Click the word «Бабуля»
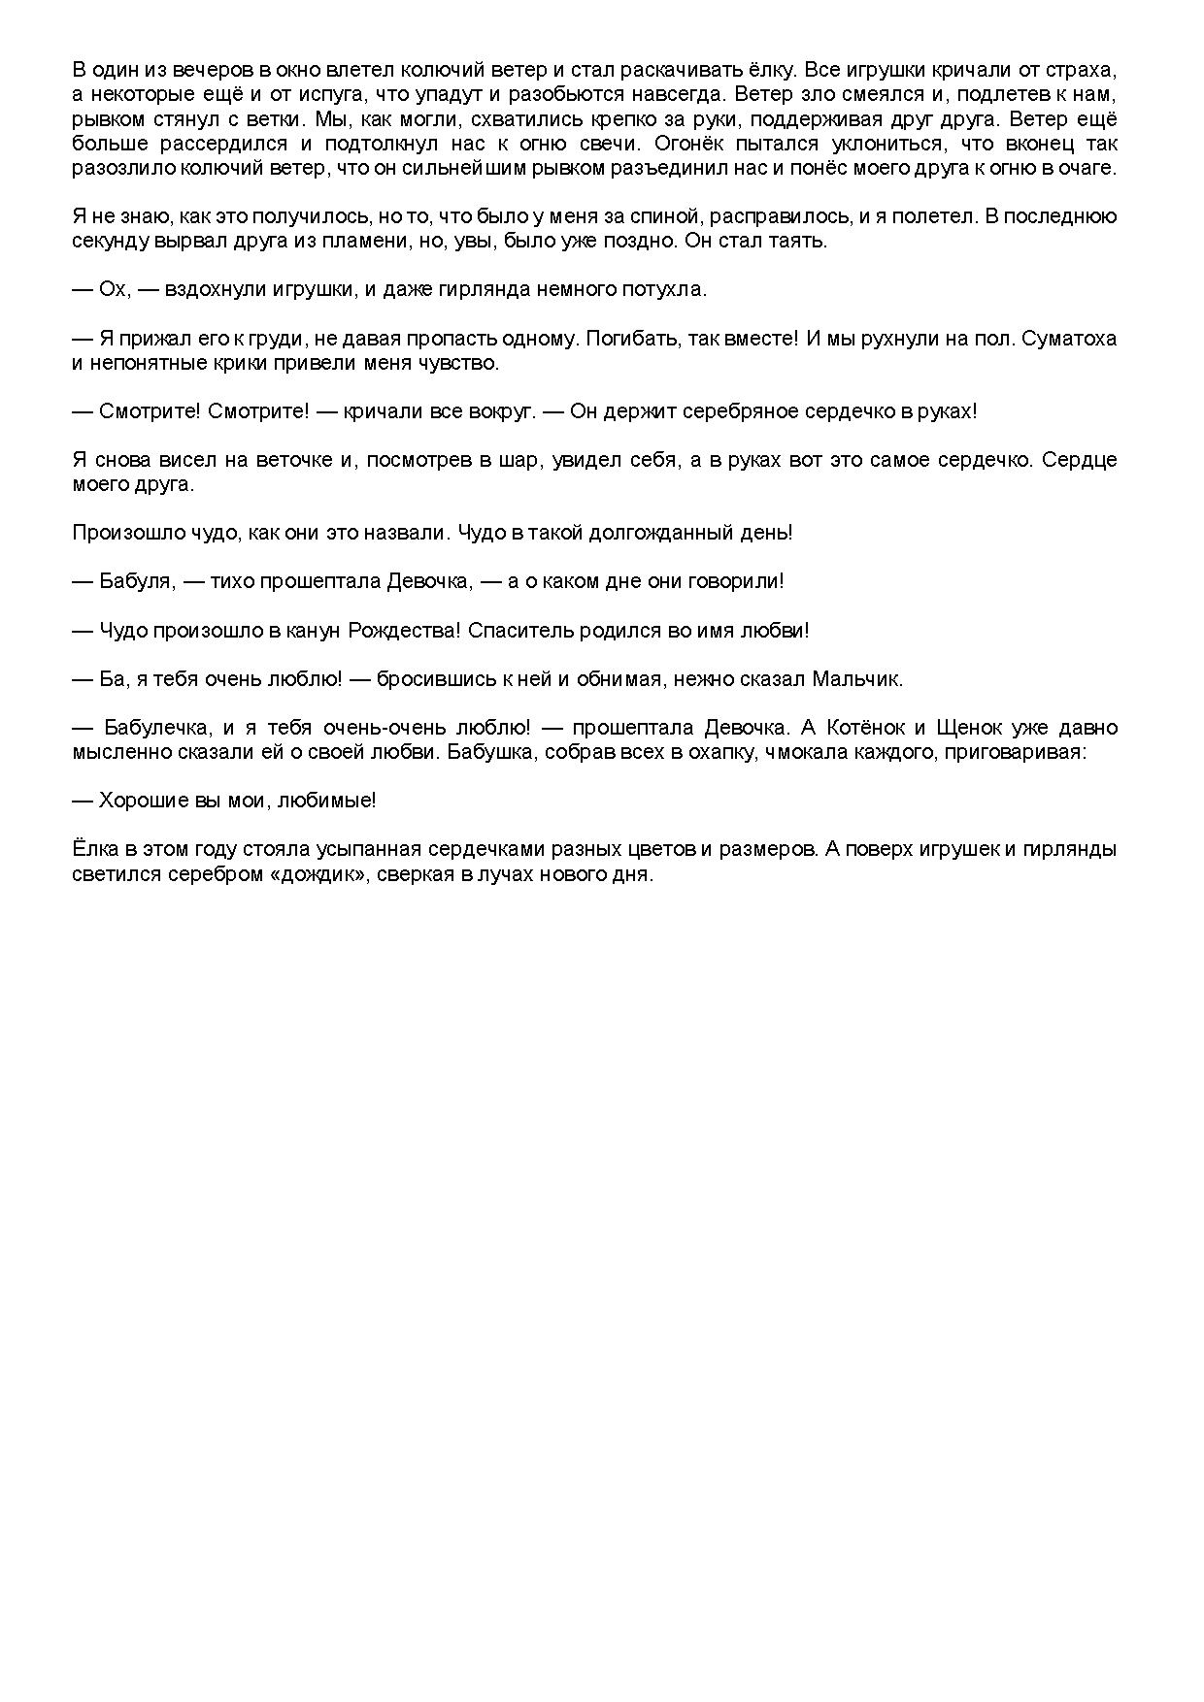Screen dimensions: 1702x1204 click(136, 581)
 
